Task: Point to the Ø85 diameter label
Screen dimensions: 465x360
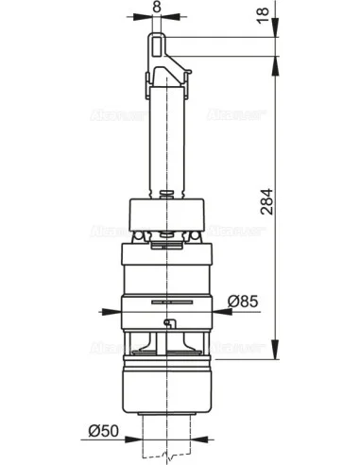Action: pyautogui.click(x=244, y=302)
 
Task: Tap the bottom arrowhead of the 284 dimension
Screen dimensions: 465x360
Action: pyautogui.click(x=274, y=347)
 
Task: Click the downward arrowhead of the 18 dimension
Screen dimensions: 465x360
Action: pyautogui.click(x=274, y=34)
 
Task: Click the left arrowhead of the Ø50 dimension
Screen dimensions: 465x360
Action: pyautogui.click(x=138, y=441)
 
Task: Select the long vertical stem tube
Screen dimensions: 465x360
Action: pyautogui.click(x=165, y=142)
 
